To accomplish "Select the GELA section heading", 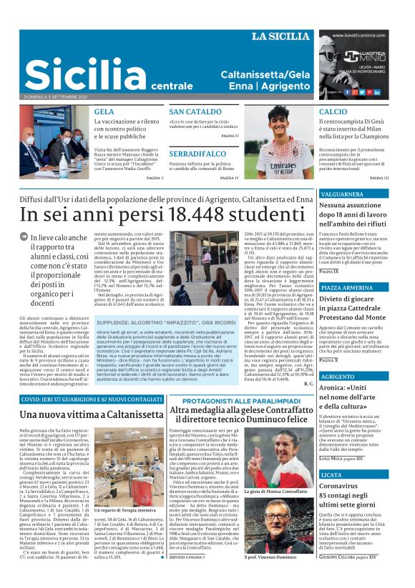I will (x=104, y=112).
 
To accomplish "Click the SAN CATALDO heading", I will (x=194, y=112).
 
